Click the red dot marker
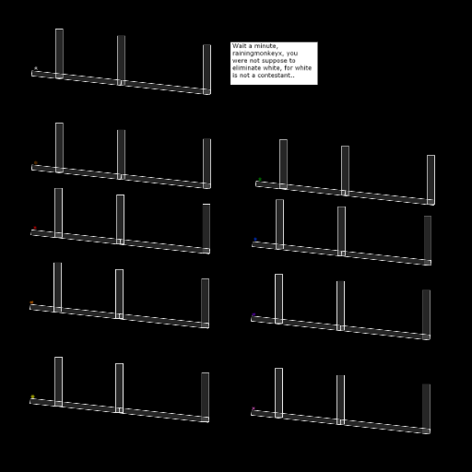[x=35, y=228]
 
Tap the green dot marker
[x=260, y=179]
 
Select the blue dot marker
[x=255, y=239]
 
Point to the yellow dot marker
[x=33, y=396]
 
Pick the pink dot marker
[x=254, y=408]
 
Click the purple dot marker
[x=254, y=314]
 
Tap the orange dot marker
[x=31, y=302]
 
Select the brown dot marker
[x=36, y=162]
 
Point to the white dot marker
[x=36, y=68]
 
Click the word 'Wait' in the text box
[x=239, y=46]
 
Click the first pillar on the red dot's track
[x=58, y=213]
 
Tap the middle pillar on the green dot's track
[x=345, y=171]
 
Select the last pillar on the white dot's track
[x=206, y=69]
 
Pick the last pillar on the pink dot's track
[x=426, y=408]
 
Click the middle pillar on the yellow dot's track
[x=120, y=388]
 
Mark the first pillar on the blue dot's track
[x=279, y=224]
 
